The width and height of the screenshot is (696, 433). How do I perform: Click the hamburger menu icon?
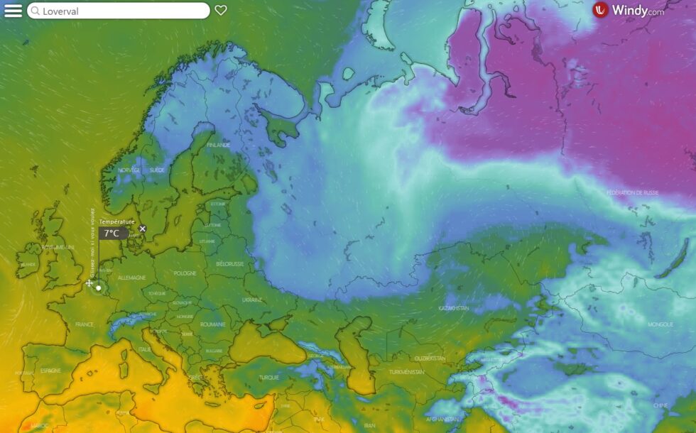[13, 11]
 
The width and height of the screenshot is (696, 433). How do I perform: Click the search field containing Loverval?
[119, 11]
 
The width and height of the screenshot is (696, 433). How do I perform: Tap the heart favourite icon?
[221, 11]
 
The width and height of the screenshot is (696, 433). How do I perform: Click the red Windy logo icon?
[601, 10]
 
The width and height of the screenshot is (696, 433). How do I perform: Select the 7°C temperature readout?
[112, 233]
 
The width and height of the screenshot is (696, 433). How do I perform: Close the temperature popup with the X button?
[143, 229]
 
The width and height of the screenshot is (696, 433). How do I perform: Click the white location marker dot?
[98, 288]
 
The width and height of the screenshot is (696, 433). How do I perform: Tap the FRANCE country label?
[85, 324]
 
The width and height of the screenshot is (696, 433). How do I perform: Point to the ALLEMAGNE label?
[131, 278]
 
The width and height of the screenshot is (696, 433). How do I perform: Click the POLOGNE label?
[185, 273]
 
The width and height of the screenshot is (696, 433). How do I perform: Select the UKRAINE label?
[252, 300]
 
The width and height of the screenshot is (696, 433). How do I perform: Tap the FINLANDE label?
[219, 145]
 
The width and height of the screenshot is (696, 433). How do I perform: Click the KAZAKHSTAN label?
[453, 308]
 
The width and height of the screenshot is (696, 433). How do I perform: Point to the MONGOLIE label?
[660, 324]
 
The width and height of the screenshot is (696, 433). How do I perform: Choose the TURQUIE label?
[269, 378]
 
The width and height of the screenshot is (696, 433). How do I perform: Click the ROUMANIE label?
[212, 324]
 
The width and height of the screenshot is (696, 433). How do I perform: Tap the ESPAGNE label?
[50, 370]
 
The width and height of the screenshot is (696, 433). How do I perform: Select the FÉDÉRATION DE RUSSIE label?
[633, 193]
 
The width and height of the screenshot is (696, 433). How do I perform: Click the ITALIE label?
[145, 349]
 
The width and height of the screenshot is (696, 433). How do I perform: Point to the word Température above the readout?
[116, 221]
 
